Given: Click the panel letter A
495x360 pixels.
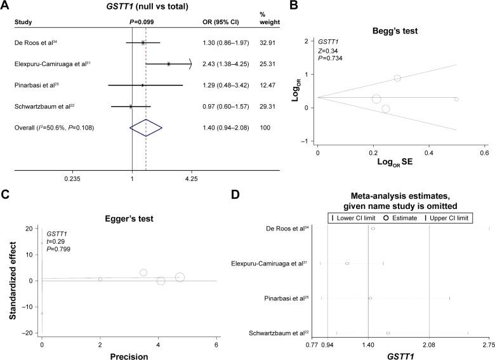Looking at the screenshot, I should click(5, 6).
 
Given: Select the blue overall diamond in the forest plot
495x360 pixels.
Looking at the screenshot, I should click(146, 128).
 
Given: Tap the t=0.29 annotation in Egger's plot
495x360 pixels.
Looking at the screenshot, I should click(56, 243).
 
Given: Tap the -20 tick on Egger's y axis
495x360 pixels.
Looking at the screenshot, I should click(28, 333).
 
